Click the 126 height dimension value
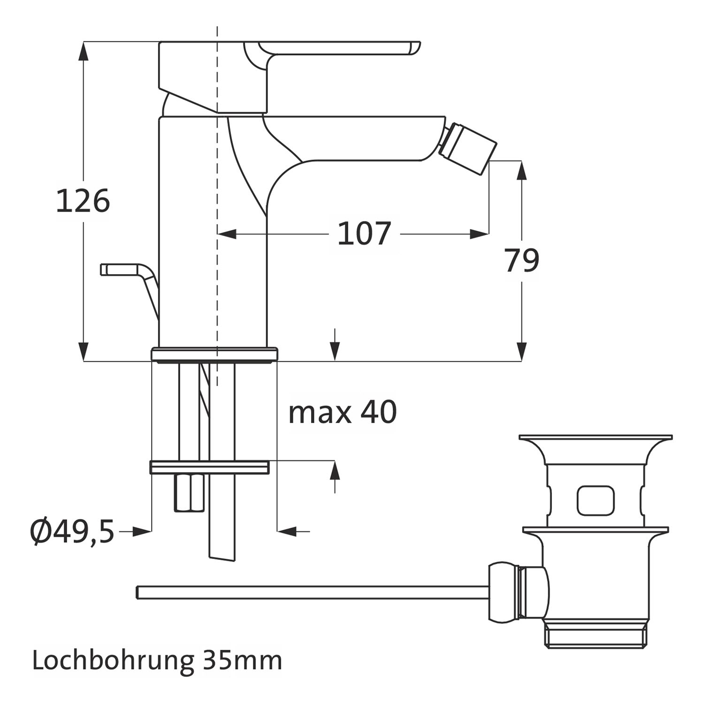83,201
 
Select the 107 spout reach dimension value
364,234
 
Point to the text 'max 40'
343,412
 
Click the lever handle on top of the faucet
329,52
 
